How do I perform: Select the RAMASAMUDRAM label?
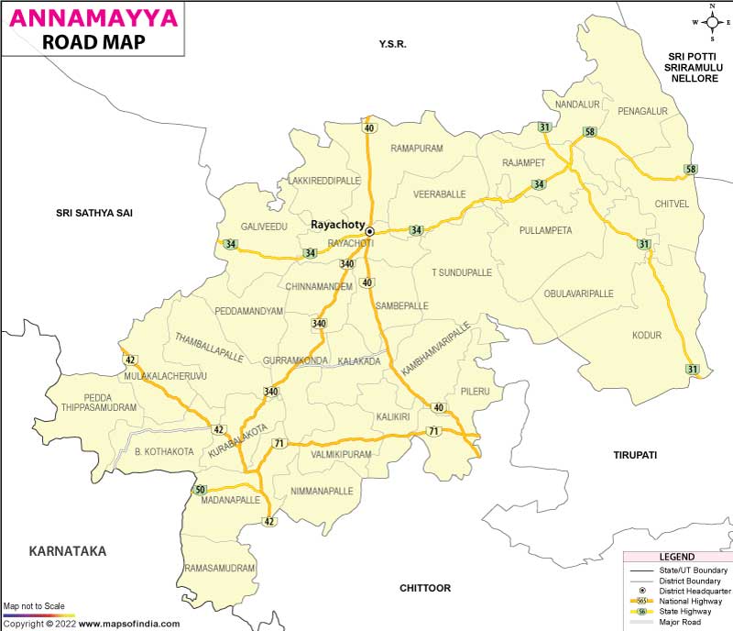click(220, 569)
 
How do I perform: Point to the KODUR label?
click(646, 336)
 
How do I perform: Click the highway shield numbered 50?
click(200, 491)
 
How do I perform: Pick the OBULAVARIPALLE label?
click(578, 293)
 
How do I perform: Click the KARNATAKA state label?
click(68, 551)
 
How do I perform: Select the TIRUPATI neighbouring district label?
click(636, 455)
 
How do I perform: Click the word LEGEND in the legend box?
click(677, 557)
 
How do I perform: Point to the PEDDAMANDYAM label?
click(248, 312)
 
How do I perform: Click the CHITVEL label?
click(672, 204)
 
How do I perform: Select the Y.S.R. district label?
click(392, 44)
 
